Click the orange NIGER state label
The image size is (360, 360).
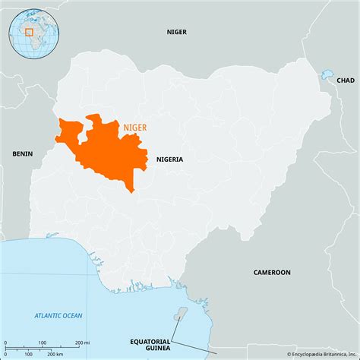click(136, 128)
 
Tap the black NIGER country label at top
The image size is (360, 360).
click(177, 32)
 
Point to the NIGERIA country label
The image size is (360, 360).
click(169, 159)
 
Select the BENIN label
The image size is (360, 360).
click(23, 153)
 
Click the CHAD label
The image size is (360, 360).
click(346, 80)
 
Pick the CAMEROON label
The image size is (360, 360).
click(272, 271)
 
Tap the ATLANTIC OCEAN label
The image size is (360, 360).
click(59, 314)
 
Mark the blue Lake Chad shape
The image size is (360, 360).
click(328, 74)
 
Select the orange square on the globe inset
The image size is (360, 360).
click(29, 32)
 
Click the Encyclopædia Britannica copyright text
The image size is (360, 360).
click(320, 354)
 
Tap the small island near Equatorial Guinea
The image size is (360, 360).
click(180, 313)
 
